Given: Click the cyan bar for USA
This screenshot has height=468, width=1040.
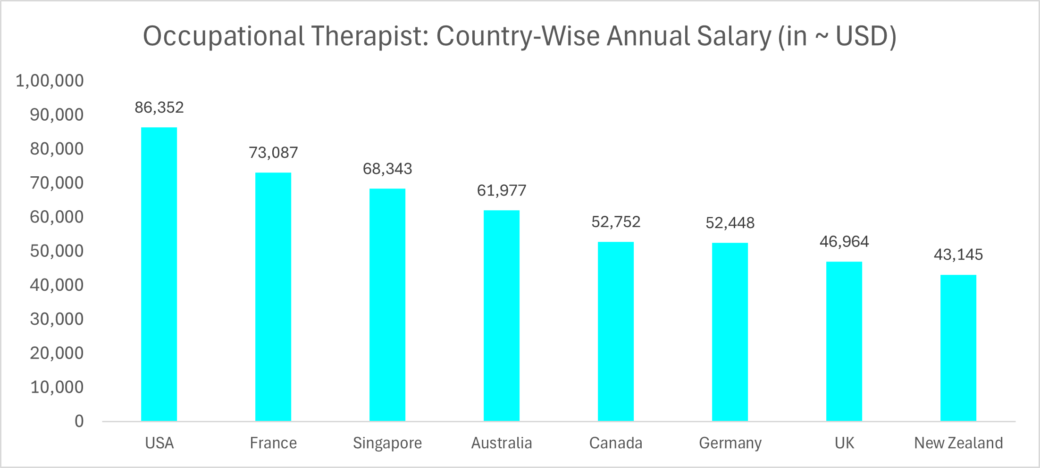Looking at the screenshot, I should tap(159, 273).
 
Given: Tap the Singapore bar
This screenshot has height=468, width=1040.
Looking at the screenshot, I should tap(387, 304).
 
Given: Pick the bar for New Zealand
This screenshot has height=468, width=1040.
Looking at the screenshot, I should tap(958, 347).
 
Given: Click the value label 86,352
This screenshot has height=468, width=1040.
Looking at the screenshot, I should tap(159, 107).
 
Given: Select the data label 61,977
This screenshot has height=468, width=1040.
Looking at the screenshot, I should tap(502, 190).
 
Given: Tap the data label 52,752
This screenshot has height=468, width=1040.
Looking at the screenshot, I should tap(616, 222).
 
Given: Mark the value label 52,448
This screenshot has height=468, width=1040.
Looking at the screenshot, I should tap(730, 223).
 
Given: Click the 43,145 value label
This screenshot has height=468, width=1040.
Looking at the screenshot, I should tap(958, 255).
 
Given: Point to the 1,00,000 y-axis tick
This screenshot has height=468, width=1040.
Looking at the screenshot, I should tap(50, 81).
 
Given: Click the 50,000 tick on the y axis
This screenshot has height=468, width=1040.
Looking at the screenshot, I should tap(57, 251).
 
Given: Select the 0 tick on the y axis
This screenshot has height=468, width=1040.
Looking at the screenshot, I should tap(79, 421).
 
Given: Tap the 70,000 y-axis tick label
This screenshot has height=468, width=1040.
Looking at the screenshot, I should tap(57, 183).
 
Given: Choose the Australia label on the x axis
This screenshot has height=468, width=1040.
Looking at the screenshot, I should tap(502, 443).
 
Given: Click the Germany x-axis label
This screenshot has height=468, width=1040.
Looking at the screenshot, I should tap(730, 443).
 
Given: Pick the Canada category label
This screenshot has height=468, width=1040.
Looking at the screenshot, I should tap(616, 443).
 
